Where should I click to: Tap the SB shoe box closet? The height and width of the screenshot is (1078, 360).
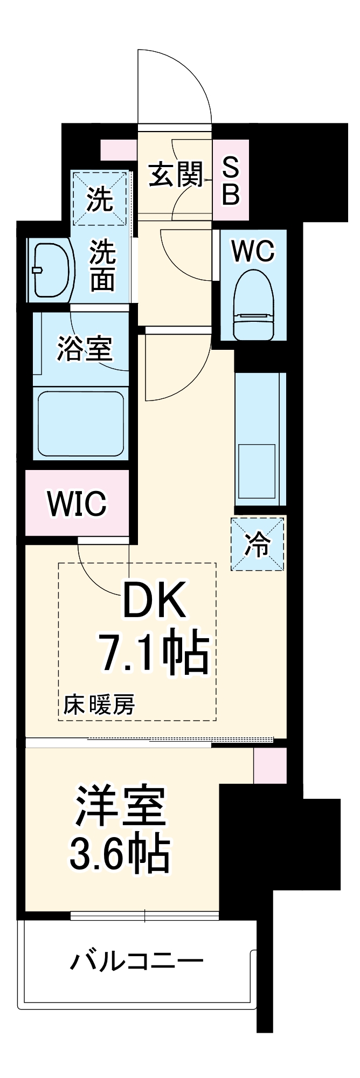231,180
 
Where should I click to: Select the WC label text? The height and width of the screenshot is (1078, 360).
252,251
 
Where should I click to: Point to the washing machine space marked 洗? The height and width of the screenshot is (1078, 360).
101,198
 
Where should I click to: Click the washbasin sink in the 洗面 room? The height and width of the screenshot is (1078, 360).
51,270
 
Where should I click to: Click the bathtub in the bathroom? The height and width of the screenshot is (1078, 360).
81,423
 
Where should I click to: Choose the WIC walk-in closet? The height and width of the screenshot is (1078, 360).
77,503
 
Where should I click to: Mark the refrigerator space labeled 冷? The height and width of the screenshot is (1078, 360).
258,544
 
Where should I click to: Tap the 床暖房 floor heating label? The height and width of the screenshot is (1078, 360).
99,704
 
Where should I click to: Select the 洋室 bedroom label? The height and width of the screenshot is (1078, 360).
120,807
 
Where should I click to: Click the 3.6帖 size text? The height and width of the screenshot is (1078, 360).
120,853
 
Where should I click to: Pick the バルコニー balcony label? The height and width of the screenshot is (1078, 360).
136,961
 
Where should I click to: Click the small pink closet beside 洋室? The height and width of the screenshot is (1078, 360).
270,765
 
